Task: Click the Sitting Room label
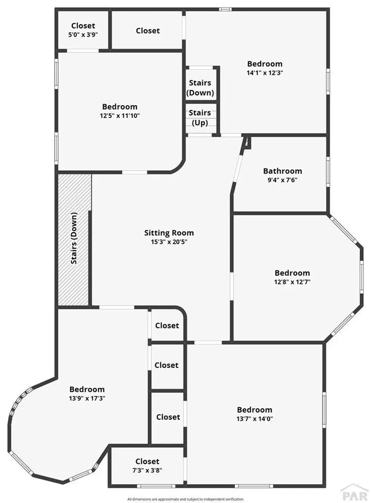pos(169,233)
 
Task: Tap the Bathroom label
pos(283,171)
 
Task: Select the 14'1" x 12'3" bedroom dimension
pos(265,72)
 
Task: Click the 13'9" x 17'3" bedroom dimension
pos(87,398)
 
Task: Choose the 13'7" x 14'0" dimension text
pos(255,419)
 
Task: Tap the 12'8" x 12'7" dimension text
pos(292,282)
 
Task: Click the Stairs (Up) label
pos(200,117)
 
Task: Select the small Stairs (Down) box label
pos(200,87)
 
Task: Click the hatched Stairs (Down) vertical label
pos(74,238)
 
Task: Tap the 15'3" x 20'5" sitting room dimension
pos(169,242)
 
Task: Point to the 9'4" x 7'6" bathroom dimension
pos(283,180)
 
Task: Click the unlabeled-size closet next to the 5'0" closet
pos(148,30)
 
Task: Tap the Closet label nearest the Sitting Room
pos(167,326)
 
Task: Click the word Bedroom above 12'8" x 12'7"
pos(292,273)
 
